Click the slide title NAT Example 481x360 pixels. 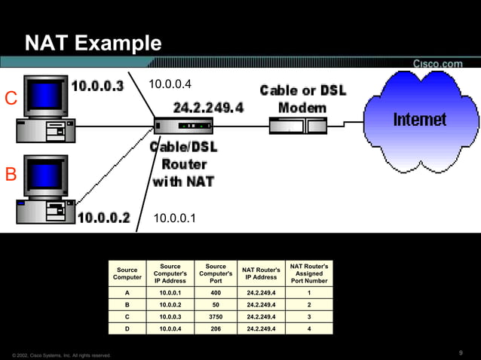pos(93,44)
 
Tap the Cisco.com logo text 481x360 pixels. pos(437,64)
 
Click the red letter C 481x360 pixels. pos(11,99)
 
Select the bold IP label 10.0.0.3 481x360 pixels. pos(97,86)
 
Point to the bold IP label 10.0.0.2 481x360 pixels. pos(104,218)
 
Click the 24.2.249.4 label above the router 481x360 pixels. pos(208,107)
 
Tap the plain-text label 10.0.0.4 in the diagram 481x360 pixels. pos(170,84)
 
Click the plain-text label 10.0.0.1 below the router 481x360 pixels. pos(174,219)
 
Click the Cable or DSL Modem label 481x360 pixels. pos(302,99)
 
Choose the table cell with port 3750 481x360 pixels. pos(216,316)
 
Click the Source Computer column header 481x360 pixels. pos(127,273)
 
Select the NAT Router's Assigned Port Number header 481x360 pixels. pos(309,273)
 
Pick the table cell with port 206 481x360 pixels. pos(216,328)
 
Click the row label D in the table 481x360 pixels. pos(127,328)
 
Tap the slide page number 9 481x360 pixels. pos(460,353)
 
